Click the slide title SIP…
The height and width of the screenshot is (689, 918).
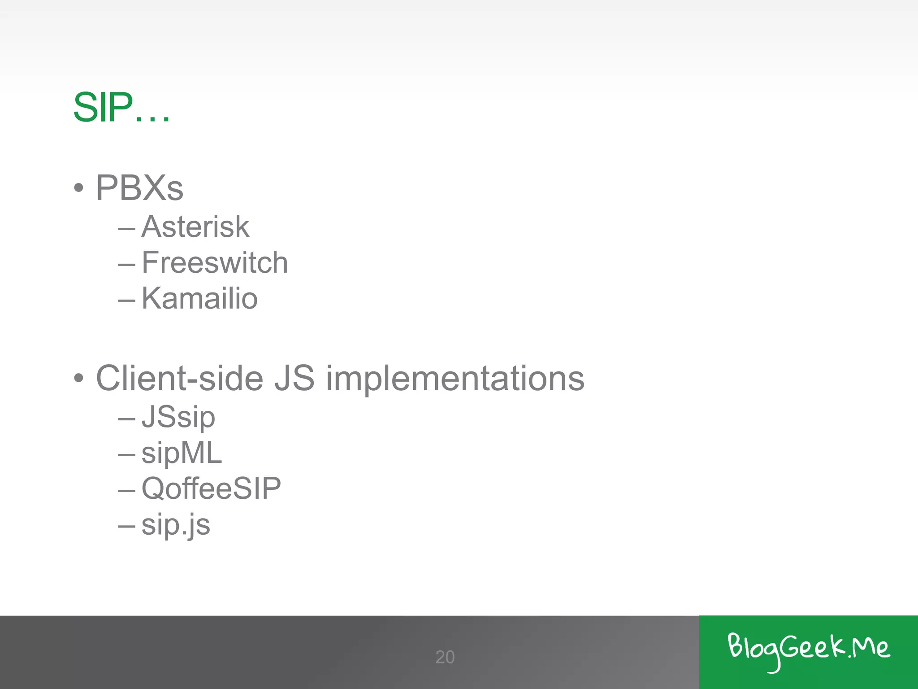coord(121,108)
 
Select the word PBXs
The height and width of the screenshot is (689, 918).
coord(139,188)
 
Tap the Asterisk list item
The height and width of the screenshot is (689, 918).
coord(195,227)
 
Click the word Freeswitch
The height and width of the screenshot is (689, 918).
coord(215,262)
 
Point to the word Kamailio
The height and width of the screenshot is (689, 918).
coord(199,298)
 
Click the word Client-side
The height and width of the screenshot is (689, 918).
coord(179,378)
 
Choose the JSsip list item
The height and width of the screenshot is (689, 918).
coord(178,417)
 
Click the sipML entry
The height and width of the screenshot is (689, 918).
coord(182,453)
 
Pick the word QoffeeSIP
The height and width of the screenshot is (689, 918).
coord(211,488)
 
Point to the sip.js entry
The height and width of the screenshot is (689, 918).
coord(176,525)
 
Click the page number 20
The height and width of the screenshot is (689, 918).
coord(445,657)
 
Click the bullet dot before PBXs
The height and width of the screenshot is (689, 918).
coord(79,188)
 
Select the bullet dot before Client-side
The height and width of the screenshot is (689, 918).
coord(79,378)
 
